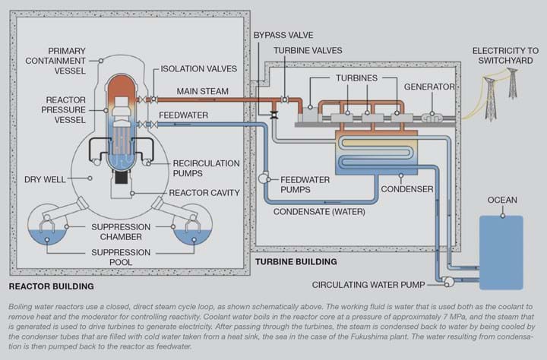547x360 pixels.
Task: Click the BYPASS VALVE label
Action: [x=283, y=35]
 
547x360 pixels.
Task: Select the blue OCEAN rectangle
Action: [x=501, y=252]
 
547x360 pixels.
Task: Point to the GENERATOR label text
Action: [x=429, y=87]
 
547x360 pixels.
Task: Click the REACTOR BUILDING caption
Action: [x=51, y=286]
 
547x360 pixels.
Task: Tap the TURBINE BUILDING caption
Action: [x=296, y=261]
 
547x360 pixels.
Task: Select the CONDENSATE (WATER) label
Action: [x=319, y=212]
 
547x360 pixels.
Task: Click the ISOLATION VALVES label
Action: [x=199, y=68]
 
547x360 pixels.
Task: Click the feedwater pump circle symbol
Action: [x=264, y=178]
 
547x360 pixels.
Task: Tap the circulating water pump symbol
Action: [x=447, y=282]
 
